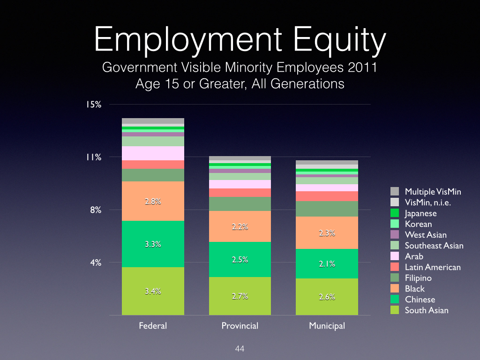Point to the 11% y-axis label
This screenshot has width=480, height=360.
coord(94,157)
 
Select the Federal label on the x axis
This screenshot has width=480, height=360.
coord(153,325)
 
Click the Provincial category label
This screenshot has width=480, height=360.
coord(240,325)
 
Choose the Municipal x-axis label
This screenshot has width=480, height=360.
coord(327,325)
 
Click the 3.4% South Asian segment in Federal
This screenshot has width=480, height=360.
coord(153,291)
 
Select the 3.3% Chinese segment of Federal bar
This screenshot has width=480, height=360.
coord(153,244)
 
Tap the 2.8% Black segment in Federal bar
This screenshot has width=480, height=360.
coord(153,202)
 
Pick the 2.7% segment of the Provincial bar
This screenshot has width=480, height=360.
coord(240,296)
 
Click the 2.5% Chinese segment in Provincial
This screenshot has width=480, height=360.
coord(240,260)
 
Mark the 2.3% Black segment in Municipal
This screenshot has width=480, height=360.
coord(327,233)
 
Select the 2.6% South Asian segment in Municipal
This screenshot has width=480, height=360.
coord(327,297)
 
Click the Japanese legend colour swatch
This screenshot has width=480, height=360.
coord(395,213)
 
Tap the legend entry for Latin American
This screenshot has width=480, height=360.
coord(432,267)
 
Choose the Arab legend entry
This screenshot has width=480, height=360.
coord(413,256)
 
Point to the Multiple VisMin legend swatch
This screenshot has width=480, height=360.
coord(395,191)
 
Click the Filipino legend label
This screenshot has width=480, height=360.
coord(418,278)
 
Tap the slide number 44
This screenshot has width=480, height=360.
coord(240,349)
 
